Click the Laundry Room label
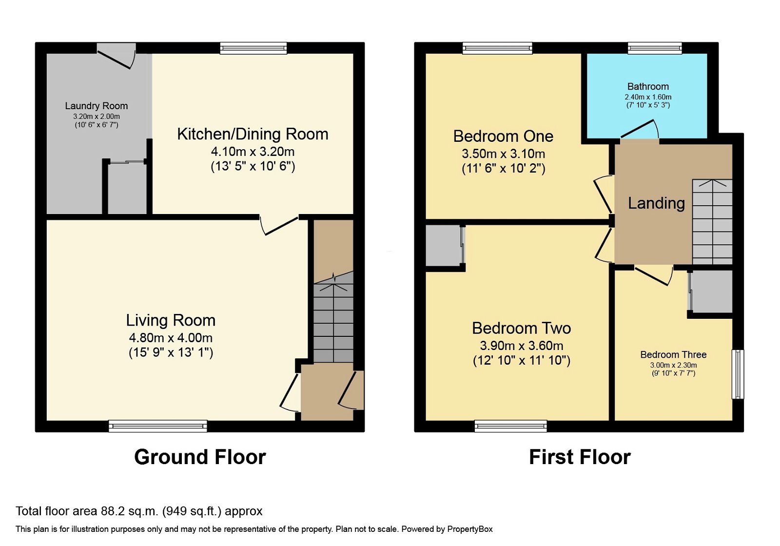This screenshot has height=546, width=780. point(97,106)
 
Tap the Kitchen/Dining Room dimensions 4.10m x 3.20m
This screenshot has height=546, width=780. point(253,152)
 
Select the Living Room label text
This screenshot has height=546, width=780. point(171,320)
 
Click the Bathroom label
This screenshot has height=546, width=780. point(648,87)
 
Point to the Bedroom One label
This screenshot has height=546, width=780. point(503,136)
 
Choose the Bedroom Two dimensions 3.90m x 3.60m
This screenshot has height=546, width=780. point(522,346)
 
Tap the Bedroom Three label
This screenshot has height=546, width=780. point(673,355)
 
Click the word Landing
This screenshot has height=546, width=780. point(656,203)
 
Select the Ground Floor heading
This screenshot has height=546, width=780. point(200,457)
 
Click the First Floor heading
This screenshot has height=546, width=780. point(580,457)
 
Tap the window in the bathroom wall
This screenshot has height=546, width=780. point(654,48)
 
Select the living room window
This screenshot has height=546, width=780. point(157,426)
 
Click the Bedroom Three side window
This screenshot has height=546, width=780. point(739,374)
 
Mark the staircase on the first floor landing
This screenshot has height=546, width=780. point(712,222)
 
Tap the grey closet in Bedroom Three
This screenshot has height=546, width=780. point(712,292)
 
